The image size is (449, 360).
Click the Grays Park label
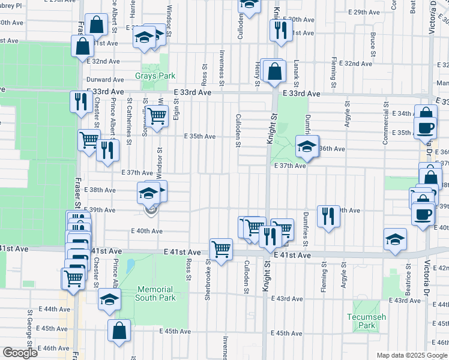point(155,76)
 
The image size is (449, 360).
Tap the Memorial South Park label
point(155,293)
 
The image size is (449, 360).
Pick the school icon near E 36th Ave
point(307,146)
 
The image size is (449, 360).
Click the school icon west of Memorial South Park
point(109,299)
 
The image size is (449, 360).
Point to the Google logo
point(20,353)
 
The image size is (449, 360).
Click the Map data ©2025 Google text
point(412,355)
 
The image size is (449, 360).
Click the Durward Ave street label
point(105,79)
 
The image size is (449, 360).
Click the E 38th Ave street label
point(101,190)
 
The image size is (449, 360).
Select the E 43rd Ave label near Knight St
point(290,298)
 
